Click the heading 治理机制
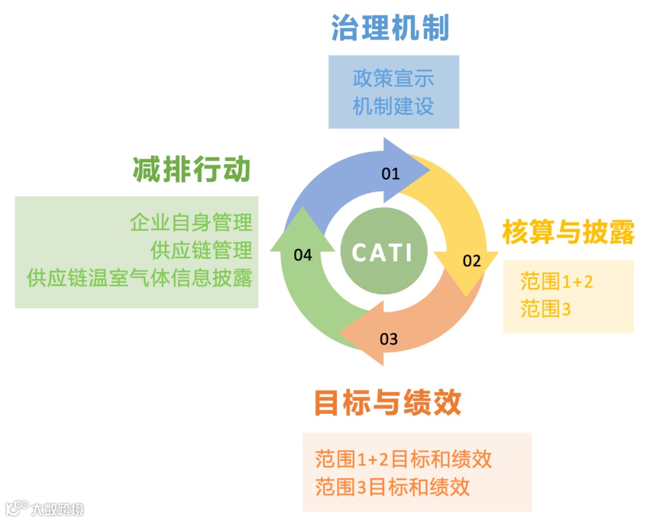coord(390,27)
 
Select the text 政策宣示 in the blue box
coord(393,78)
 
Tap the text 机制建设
coord(393,106)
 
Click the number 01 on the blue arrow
coord(390,174)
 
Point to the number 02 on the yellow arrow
coord(471,260)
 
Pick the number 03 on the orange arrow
coord(389,340)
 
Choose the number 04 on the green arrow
coord(303,255)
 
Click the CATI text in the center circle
coord(382,252)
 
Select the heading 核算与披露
coord(568,232)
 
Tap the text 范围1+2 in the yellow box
coord(557,281)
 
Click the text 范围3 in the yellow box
coord(545,309)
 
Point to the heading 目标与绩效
coord(388,403)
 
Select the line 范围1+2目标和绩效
coord(403,459)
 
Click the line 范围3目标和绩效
coord(392,486)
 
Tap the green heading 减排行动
coord(192,169)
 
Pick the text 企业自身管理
coord(191,222)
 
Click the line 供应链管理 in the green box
coord(202,250)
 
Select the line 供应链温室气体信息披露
coord(140,278)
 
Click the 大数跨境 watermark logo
coord(45,509)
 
